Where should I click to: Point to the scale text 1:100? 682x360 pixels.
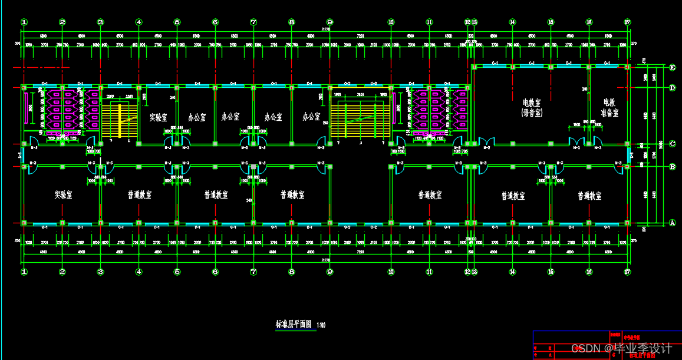pos(321,325)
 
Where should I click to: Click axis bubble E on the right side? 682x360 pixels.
pos(673,67)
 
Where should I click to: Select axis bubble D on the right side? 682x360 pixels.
pos(673,88)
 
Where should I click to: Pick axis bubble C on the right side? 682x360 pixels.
pos(673,143)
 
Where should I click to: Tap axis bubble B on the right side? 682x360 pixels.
pos(673,167)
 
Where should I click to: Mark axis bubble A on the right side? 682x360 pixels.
pos(673,223)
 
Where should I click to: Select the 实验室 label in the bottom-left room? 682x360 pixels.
pos(64,194)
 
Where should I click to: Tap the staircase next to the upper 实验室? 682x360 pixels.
pos(120,121)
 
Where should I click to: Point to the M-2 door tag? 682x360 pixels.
pos(487,148)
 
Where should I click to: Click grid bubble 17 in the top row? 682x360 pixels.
pos(627,22)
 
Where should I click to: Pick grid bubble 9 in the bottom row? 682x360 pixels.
pos(330,272)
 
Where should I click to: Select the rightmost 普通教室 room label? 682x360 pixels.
pos(589,195)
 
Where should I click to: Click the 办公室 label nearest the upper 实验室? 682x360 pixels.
pos(196,117)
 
